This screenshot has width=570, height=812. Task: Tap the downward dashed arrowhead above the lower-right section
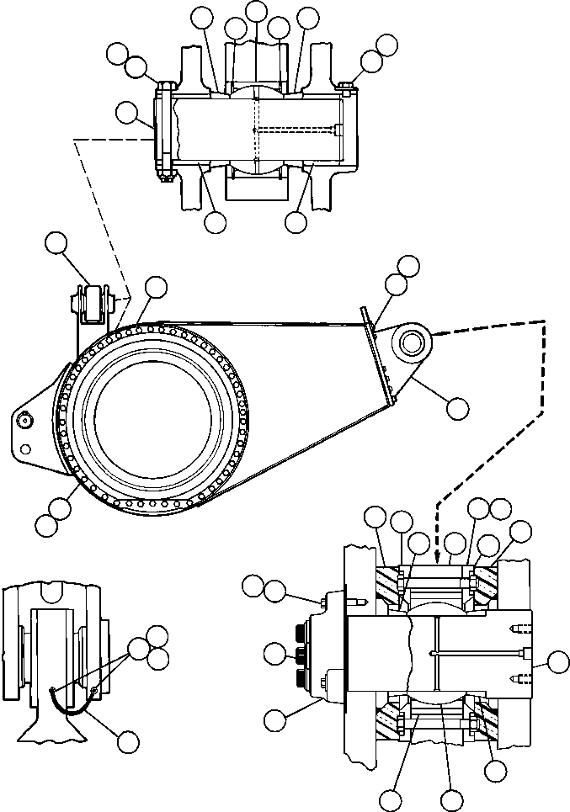click(x=437, y=554)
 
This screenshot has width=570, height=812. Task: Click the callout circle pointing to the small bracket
click(x=56, y=242)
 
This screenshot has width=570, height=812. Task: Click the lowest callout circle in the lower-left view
click(x=129, y=741)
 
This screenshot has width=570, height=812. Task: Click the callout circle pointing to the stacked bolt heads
click(x=274, y=652)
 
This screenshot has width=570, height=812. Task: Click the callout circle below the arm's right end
click(x=458, y=409)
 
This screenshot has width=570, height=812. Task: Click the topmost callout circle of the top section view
click(x=256, y=10)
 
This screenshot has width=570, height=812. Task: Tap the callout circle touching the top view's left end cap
click(x=125, y=113)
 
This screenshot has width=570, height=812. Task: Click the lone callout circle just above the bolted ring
click(x=156, y=287)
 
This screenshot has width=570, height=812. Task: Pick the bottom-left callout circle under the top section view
click(x=216, y=222)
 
